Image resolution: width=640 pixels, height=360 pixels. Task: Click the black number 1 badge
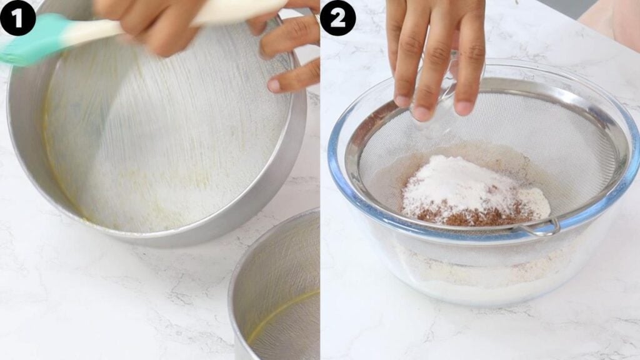coord(17,17)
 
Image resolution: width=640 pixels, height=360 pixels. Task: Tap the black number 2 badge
coord(337,17)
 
